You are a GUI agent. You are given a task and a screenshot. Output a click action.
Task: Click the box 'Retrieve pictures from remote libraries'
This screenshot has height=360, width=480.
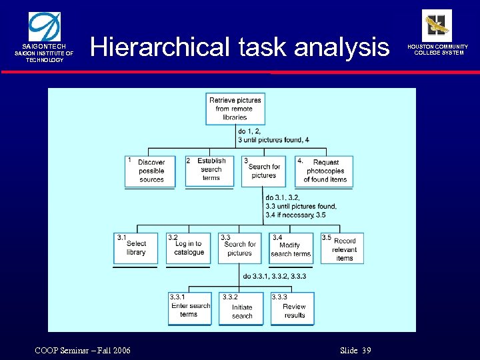(x=235, y=109)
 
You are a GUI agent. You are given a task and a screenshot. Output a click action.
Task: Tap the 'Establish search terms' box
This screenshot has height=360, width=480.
(x=211, y=170)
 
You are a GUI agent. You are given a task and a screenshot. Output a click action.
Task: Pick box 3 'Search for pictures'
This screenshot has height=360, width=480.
(x=263, y=171)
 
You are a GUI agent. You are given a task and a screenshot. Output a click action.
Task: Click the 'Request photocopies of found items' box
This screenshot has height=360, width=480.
(x=324, y=171)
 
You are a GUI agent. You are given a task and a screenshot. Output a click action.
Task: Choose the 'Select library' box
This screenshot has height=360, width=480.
(x=136, y=248)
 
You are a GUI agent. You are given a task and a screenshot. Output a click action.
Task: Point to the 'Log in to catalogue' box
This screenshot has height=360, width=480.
(x=189, y=248)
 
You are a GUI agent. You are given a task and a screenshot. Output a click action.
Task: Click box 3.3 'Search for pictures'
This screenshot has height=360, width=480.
(x=239, y=248)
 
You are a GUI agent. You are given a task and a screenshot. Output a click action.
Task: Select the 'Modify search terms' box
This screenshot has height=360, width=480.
(x=291, y=248)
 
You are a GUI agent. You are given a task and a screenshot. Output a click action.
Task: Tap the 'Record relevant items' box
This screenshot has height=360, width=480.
(x=343, y=248)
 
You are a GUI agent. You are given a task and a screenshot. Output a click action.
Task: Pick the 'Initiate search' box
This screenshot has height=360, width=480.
(x=241, y=309)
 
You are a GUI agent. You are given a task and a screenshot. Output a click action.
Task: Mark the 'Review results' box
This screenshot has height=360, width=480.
(x=293, y=309)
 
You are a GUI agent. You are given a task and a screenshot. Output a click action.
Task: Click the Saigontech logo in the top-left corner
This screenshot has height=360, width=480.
(x=44, y=27)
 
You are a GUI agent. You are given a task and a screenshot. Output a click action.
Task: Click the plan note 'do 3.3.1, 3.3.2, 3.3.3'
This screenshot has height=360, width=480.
(x=275, y=276)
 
